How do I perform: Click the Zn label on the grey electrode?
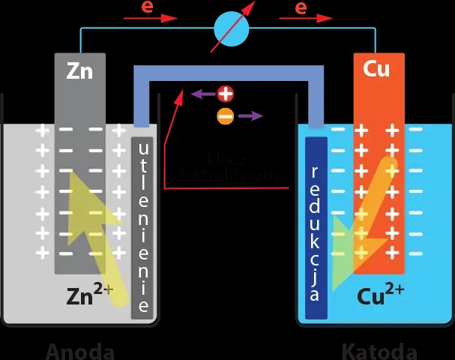coord(79,70)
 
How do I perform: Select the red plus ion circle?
coord(226,94)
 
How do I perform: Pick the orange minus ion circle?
coord(225,116)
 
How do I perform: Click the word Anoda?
coord(80,351)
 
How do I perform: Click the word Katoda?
coord(379,351)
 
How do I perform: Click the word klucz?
coord(228,159)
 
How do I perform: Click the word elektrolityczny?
coord(228,175)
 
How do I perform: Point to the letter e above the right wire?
coord(301,7)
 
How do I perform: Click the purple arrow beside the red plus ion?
coord(202,94)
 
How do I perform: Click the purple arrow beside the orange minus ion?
coord(250,116)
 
